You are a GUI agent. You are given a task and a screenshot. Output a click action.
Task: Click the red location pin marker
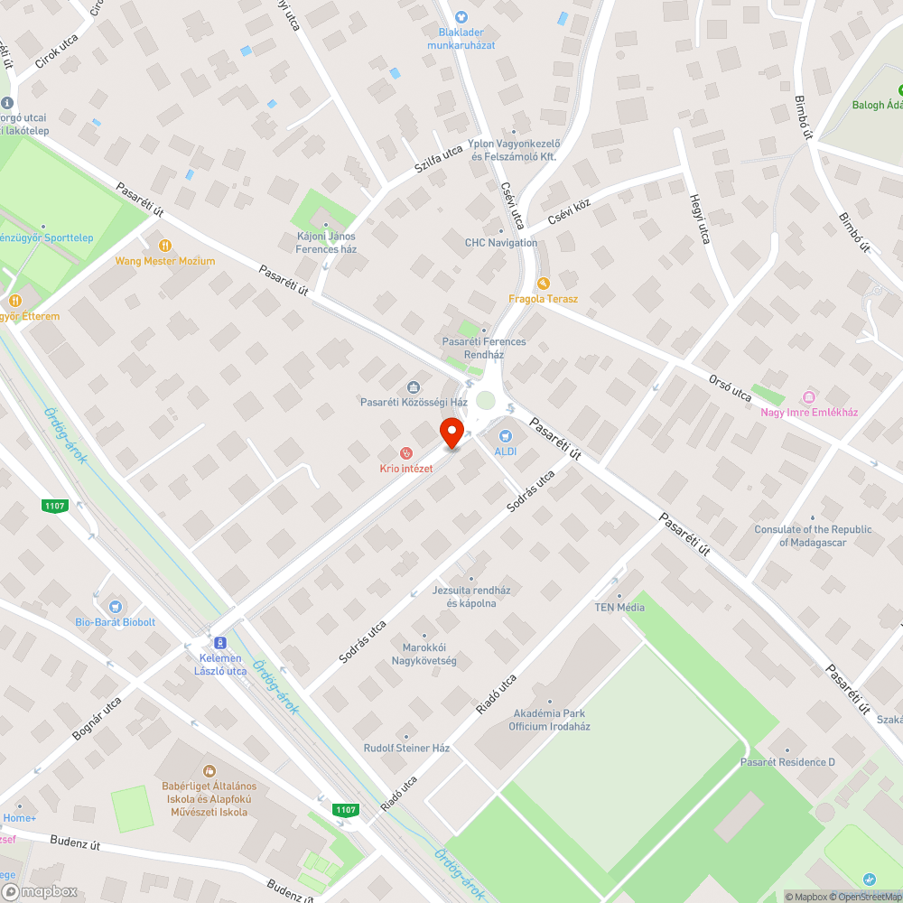coord(451,433)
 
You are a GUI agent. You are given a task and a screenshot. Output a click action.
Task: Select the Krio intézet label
coord(406,469)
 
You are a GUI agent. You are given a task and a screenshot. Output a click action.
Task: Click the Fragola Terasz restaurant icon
coord(543,284)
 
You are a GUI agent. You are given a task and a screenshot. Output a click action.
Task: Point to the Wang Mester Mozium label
coord(165,261)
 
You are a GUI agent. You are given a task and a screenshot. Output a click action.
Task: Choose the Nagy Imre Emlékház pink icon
coord(808,397)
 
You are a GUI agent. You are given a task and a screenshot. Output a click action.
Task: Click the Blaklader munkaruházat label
coord(461,39)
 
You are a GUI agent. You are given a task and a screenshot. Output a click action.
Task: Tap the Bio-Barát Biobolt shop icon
coord(115,606)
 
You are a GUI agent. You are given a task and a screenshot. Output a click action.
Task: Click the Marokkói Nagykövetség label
coord(424,655)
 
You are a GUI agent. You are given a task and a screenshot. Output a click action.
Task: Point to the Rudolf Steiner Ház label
coord(406,749)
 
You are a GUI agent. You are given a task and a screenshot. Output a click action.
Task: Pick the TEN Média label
coord(619,607)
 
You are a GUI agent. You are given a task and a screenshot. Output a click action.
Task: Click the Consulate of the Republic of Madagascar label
coord(813,536)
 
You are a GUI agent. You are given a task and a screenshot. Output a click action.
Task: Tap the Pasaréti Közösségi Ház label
coord(414,401)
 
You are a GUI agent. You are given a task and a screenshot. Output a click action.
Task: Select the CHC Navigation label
coord(501,242)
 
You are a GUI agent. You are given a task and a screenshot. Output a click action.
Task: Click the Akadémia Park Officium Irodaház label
coord(549,720)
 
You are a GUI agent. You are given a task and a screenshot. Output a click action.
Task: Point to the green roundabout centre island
coord(486,401)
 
